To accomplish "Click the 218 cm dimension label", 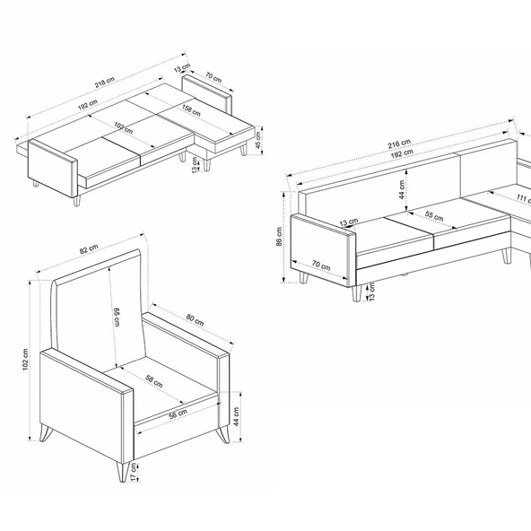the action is pos(105,83).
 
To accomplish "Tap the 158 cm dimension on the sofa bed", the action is pos(191,109).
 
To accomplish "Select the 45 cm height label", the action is pos(258,140).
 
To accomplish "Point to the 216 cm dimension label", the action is pos(399,144).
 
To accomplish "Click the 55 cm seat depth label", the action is pos(434,215).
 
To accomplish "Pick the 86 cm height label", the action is pos(279,237).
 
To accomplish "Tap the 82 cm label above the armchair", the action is pos(89,249).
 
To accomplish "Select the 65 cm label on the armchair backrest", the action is pos(117,317).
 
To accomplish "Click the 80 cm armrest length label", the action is pos(195,319).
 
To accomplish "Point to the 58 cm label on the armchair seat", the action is pos(154,381).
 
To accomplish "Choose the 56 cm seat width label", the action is pos(178,413).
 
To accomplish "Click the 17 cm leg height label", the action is pos(135,473).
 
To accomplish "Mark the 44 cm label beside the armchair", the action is pos(237,416).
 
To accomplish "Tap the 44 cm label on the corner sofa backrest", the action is pos(402,189).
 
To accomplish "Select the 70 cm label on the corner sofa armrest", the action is pos(321,265).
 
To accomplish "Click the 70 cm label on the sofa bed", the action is pos(213,77).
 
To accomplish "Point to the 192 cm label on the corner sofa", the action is pos(402,153).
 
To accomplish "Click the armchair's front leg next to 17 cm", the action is pos(123,471).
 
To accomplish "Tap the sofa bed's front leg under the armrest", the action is pos(77,201).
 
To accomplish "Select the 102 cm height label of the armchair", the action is pos(25,359).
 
